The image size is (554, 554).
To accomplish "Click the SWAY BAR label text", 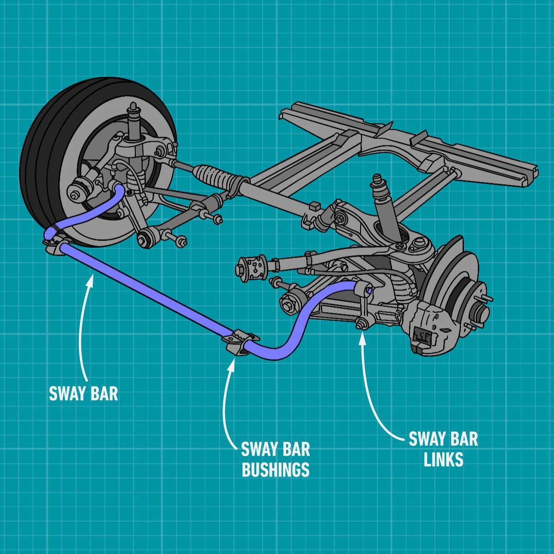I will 83,393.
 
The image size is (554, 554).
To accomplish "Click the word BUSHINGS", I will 275,470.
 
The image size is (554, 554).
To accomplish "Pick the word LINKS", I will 443,460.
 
